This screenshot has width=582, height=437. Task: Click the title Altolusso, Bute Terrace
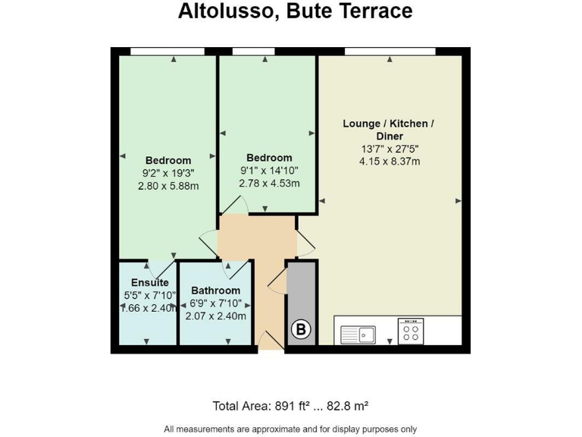296,11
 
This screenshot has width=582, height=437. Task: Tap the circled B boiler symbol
301,329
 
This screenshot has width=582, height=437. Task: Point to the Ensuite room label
147,283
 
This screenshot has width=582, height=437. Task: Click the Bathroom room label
215,291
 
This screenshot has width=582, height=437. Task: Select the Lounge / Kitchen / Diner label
389,129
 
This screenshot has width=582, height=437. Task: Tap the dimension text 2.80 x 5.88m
168,186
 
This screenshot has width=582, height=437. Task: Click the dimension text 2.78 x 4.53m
269,184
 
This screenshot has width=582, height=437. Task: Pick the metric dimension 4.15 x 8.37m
390,161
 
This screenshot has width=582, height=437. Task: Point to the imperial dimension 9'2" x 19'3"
168,173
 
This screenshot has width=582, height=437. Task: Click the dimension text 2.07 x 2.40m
216,316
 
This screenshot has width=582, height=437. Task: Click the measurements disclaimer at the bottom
291,428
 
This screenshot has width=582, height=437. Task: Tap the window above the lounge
390,51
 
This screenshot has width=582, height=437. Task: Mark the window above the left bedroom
167,51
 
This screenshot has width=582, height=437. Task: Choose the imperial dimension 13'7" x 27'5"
390,149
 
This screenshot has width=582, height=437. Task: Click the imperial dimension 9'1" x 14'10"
269,171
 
